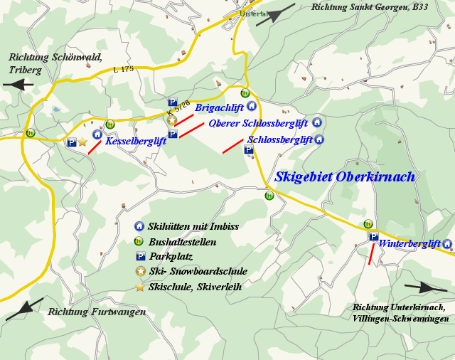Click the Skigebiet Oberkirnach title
click(x=345, y=177)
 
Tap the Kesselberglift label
click(x=136, y=142)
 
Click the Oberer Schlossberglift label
click(x=258, y=123)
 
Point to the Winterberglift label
click(x=409, y=244)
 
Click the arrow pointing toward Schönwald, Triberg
click(x=18, y=84)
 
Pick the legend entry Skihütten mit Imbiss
click(x=193, y=227)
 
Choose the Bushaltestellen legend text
click(x=182, y=242)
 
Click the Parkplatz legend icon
click(x=140, y=256)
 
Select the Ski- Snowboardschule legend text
click(x=198, y=271)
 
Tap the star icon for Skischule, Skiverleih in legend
click(x=140, y=286)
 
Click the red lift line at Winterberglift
click(x=371, y=254)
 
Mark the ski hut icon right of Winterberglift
click(x=447, y=244)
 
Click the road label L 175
click(x=123, y=69)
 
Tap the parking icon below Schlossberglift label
click(x=249, y=149)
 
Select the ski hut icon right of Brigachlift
click(x=251, y=106)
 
